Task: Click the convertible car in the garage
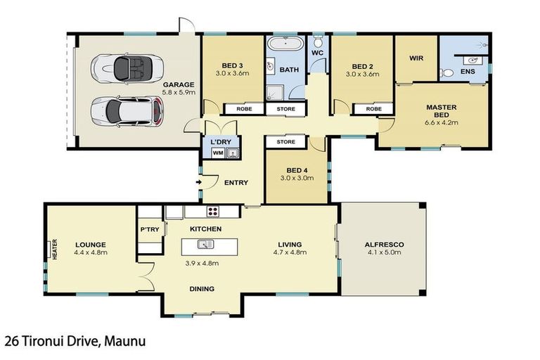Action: tap(127, 68)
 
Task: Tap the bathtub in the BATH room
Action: tap(286, 44)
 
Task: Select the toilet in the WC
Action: tap(319, 41)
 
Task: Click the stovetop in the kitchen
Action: tap(213, 211)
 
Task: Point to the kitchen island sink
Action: tap(205, 244)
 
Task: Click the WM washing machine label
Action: tap(218, 153)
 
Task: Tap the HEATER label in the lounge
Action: tap(55, 249)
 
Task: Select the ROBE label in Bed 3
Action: tap(244, 109)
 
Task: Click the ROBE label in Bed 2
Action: tap(374, 109)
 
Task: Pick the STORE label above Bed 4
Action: tap(286, 141)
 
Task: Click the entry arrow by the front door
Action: tap(199, 182)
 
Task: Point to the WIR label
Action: tap(416, 58)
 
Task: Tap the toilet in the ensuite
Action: tap(446, 73)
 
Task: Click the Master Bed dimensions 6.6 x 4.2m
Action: tap(442, 122)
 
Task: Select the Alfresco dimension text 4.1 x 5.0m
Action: tap(385, 252)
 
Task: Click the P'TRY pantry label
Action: tap(150, 229)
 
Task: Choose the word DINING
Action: tap(202, 289)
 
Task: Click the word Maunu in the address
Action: tap(124, 341)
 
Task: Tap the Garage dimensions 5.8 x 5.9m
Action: tap(179, 92)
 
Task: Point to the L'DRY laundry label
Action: tap(221, 142)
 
